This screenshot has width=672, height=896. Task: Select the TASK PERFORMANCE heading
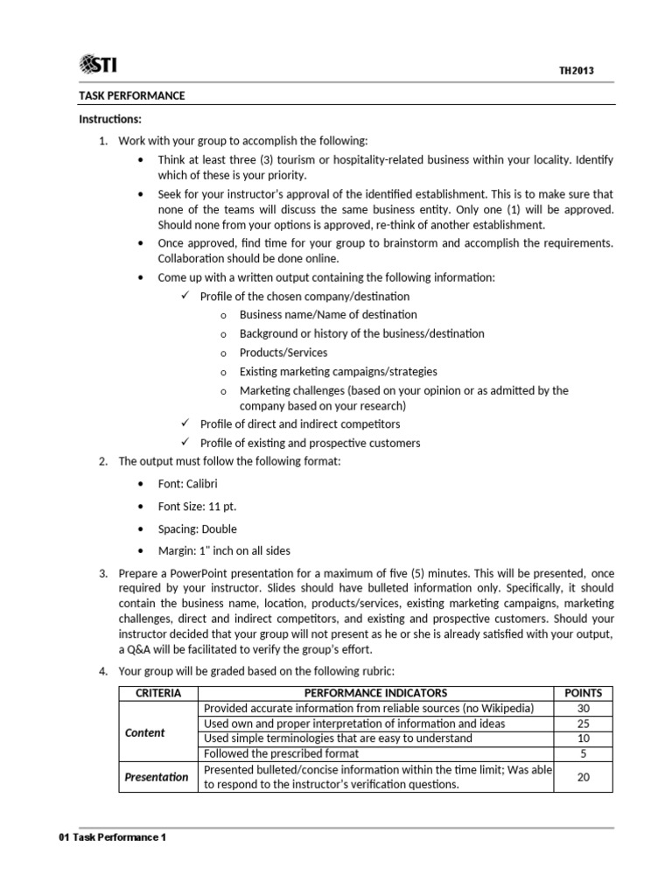(x=132, y=95)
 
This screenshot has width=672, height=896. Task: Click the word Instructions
(x=109, y=119)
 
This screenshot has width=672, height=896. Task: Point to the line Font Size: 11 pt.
(x=197, y=507)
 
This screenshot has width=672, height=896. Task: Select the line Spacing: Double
(x=197, y=529)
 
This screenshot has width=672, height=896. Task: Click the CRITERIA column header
(x=158, y=693)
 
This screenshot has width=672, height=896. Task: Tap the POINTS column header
(x=583, y=693)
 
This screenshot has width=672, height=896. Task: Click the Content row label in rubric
(x=145, y=732)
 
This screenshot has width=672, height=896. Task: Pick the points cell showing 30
(x=583, y=709)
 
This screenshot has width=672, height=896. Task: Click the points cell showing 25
(x=583, y=724)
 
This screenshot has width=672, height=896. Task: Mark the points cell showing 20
(x=583, y=777)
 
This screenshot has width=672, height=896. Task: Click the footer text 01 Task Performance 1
(x=111, y=837)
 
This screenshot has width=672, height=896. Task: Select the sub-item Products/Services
(x=283, y=353)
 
